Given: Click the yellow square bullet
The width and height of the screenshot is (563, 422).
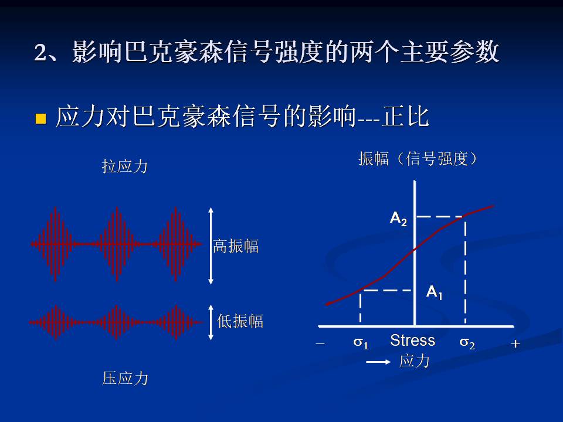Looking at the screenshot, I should tap(40, 119).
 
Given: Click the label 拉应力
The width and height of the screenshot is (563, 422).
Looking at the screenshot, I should tap(124, 166).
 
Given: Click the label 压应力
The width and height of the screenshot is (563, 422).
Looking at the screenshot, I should tap(125, 379).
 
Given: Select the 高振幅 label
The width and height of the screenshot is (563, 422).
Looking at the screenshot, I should tap(235, 246).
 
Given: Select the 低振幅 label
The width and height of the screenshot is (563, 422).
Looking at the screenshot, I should tap(240, 321).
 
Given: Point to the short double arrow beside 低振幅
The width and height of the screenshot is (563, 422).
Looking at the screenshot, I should tap(211, 321).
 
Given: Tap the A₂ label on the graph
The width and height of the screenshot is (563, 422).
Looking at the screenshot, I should tap(398, 219).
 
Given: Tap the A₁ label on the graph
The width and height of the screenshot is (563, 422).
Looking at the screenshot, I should tap(434, 291).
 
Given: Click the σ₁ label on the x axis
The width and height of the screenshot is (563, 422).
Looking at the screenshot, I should tap(361, 343).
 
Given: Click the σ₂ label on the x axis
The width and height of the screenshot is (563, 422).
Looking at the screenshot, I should tap(467, 343).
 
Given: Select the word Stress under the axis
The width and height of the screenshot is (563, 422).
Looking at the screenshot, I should tap(412, 341).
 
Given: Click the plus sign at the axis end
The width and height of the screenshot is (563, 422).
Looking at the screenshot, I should tap(515, 344).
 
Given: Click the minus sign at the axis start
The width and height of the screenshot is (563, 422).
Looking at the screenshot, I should tap(320, 344).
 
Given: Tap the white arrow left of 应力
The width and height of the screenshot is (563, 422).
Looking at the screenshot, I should tap(378, 362).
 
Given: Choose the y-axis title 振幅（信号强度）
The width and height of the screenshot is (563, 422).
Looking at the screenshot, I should tap(418, 159).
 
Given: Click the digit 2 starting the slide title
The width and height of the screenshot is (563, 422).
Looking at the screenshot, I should tap(40, 53).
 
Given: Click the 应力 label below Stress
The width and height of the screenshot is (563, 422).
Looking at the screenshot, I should tap(414, 361).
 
